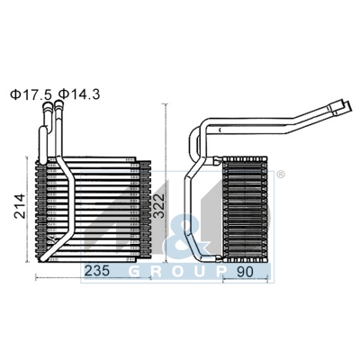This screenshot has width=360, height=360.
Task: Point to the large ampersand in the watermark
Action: pos(193,238)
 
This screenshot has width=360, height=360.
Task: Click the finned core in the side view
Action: pos(246,207)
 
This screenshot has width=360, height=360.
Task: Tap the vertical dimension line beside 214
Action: pos(33,212)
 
